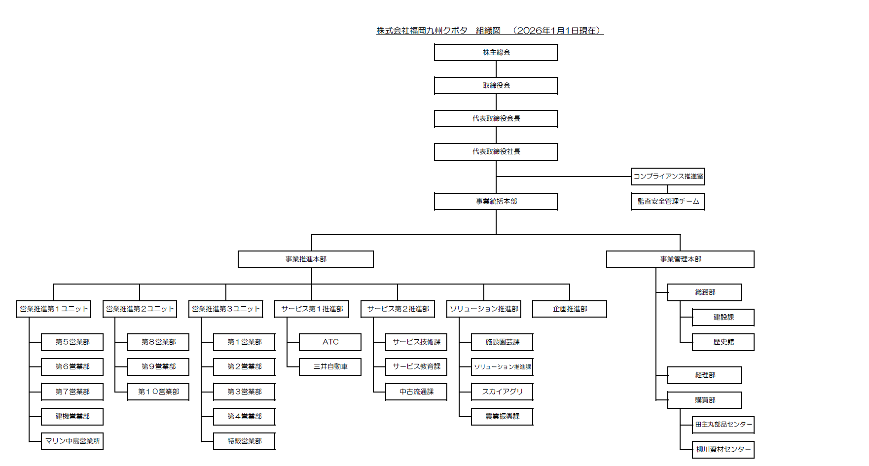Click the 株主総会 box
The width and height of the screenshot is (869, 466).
[x=496, y=53]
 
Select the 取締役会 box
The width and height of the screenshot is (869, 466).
[x=496, y=86]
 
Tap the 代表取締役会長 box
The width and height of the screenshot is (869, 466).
[x=496, y=119]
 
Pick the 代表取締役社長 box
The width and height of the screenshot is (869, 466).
[x=496, y=152]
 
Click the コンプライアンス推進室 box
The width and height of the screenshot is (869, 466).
[x=668, y=177]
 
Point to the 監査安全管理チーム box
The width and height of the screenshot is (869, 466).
[x=668, y=202]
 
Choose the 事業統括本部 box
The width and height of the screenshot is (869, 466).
[x=496, y=202]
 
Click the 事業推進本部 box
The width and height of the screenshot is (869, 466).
[x=305, y=259]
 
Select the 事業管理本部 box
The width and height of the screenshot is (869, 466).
[x=680, y=259]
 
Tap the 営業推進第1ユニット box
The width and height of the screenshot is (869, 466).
[x=54, y=309]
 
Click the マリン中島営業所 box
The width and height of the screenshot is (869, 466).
[x=72, y=441]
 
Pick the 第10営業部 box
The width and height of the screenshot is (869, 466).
[x=158, y=392]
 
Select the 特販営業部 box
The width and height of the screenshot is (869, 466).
[x=244, y=441]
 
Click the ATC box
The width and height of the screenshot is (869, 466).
[x=330, y=342]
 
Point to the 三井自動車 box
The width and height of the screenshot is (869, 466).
[x=330, y=367]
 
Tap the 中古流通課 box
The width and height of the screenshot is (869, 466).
[x=416, y=392]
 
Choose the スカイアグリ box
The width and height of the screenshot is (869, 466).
[x=502, y=392]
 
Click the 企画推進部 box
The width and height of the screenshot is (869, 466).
[x=570, y=309]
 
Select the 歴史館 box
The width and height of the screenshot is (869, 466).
[x=723, y=342]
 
